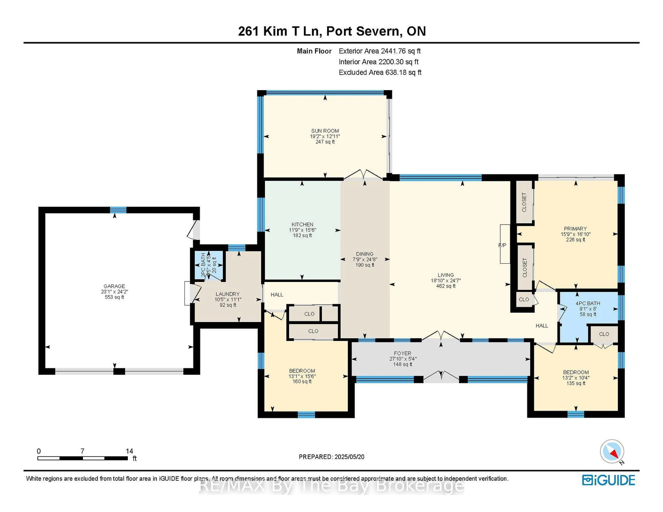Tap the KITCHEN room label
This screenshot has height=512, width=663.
(x=302, y=224)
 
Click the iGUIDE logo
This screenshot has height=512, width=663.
(x=608, y=480)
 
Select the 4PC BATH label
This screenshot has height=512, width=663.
(x=588, y=303)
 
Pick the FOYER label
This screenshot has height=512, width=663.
(x=402, y=353)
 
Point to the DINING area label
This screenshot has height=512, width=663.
(x=365, y=254)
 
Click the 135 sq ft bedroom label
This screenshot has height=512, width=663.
(x=576, y=383)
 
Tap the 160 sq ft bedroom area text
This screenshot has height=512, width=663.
(x=302, y=382)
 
